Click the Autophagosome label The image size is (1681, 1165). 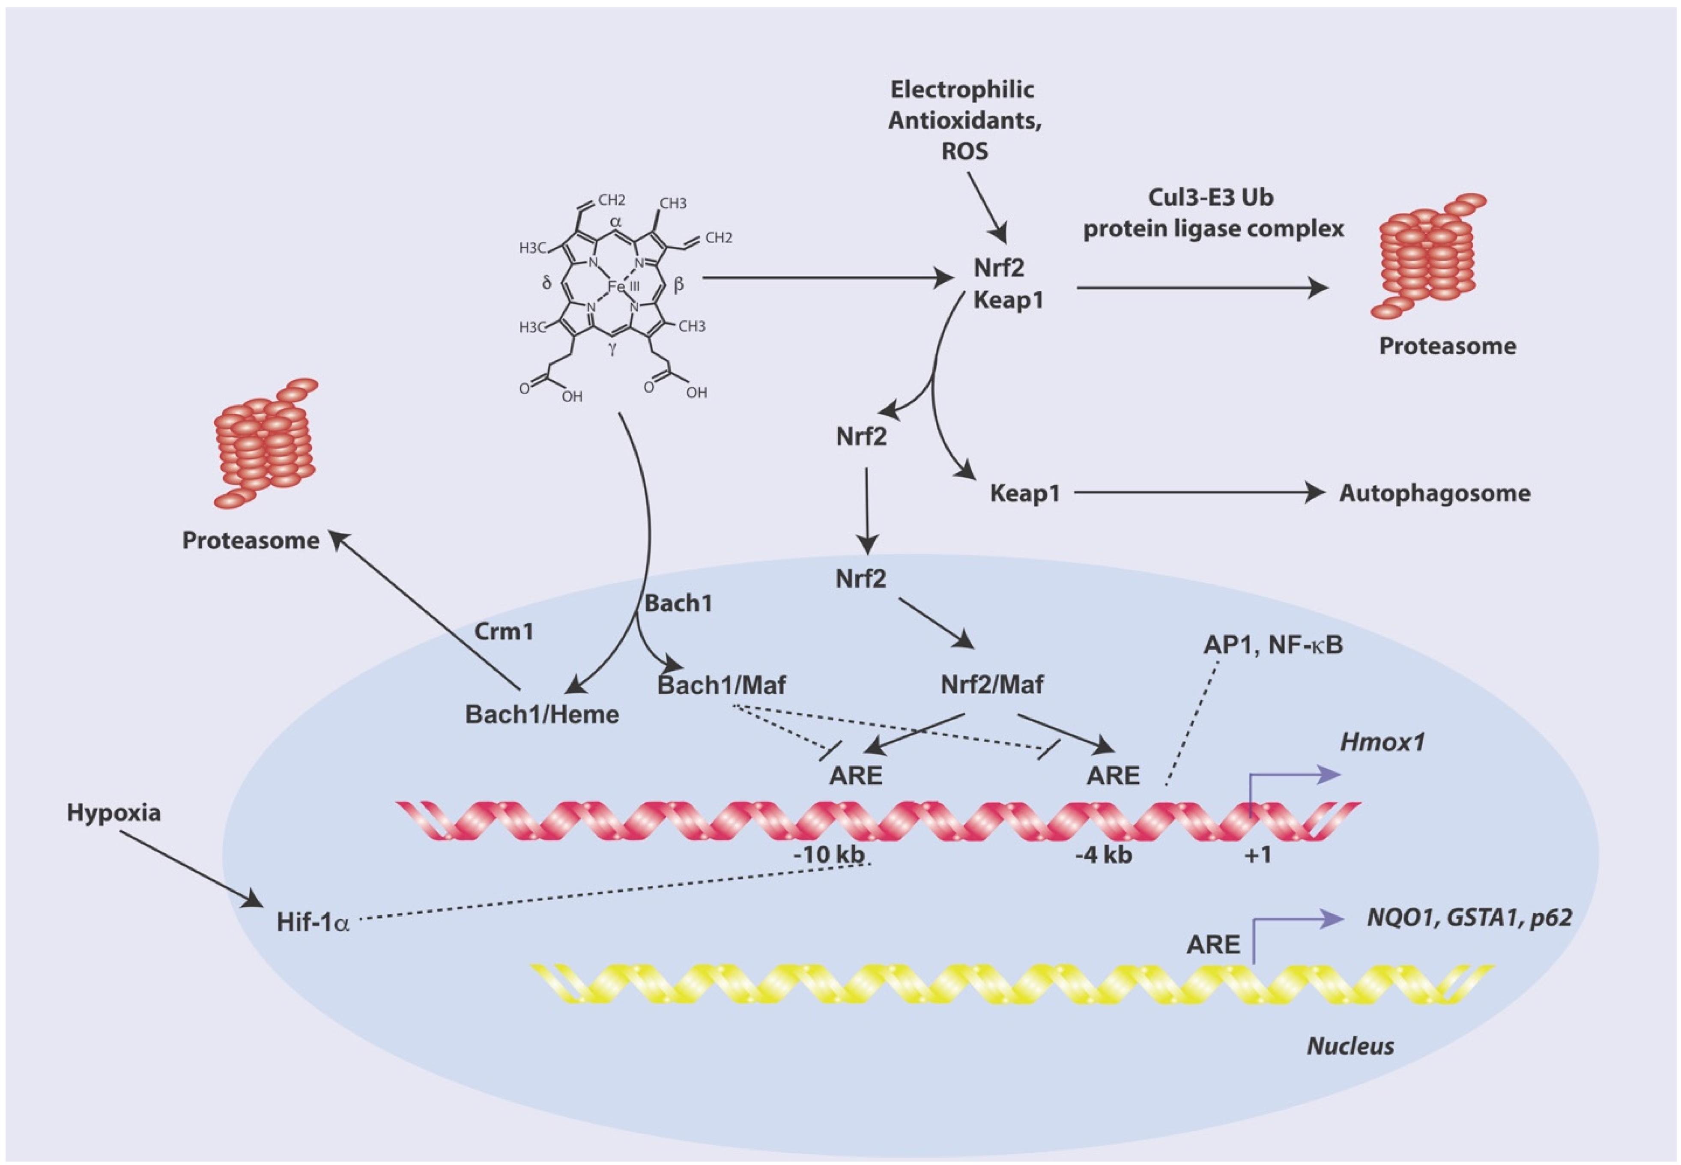click(x=1434, y=493)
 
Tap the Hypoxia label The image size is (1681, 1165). click(x=114, y=813)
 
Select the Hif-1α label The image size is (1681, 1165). click(x=312, y=922)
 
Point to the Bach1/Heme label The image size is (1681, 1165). click(x=542, y=714)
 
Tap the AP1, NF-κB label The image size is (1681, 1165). click(x=1273, y=645)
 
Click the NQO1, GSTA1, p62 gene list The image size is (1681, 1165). click(x=1469, y=917)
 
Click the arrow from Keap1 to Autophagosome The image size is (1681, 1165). click(x=1197, y=493)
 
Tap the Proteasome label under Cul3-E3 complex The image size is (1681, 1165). click(x=1447, y=346)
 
